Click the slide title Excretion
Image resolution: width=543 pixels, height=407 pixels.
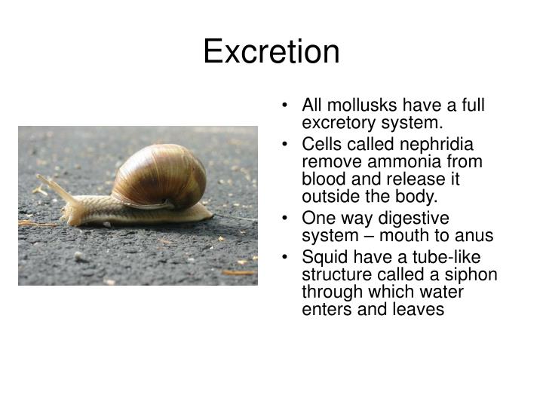pyautogui.click(x=271, y=52)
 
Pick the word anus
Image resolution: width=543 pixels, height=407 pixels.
pyautogui.click(x=474, y=236)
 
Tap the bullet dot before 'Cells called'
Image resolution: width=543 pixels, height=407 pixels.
pyautogui.click(x=291, y=145)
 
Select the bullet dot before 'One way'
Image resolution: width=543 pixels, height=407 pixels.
pyautogui.click(x=291, y=219)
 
